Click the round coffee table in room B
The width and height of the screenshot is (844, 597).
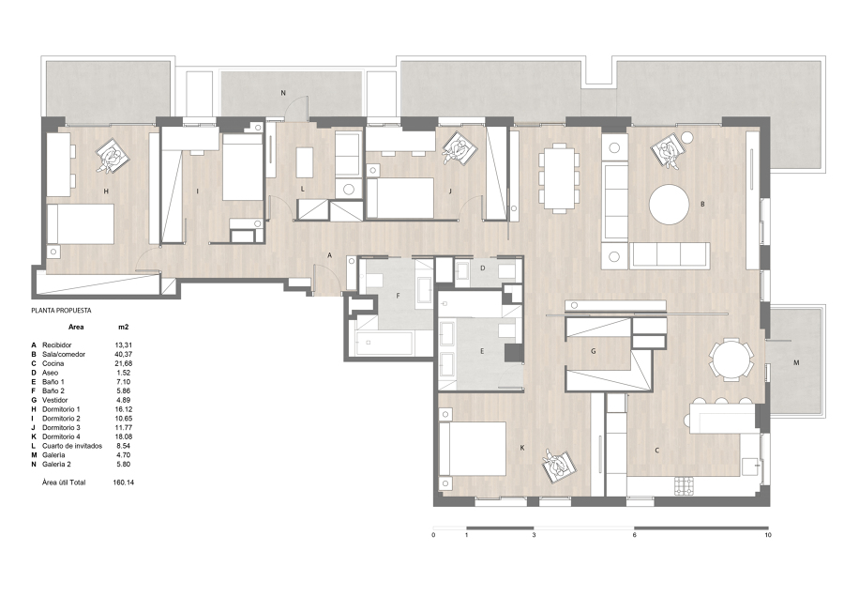669,205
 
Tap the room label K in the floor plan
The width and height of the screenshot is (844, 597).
522,449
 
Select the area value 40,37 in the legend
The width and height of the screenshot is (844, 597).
123,355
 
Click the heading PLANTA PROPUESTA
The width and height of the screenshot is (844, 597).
61,311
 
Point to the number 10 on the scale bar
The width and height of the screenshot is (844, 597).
768,535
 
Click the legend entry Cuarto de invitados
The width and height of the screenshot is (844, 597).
72,446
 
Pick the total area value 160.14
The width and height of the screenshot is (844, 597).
123,482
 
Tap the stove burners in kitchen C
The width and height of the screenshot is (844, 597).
685,485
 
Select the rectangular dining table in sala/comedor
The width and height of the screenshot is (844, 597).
559,177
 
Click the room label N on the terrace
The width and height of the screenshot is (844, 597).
283,93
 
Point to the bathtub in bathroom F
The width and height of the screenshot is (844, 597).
384,343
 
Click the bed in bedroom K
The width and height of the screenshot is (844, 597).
473,449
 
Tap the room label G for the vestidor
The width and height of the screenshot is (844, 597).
594,351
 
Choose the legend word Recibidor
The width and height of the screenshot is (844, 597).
56,345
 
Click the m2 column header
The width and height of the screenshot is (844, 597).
123,327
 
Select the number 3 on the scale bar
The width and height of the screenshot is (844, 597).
534,535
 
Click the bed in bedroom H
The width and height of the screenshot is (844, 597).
81,224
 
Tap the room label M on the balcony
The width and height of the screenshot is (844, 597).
796,362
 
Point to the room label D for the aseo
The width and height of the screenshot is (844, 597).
483,268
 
